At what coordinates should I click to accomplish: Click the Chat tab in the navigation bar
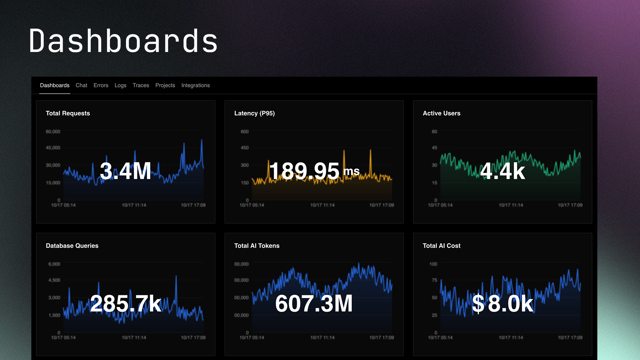point(81,85)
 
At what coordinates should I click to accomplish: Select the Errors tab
point(101,85)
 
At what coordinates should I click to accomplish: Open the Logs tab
point(120,85)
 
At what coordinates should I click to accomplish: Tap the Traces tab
point(141,85)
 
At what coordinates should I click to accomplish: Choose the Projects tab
point(165,85)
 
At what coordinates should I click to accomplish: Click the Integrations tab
point(195,85)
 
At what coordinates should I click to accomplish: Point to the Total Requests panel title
point(68,113)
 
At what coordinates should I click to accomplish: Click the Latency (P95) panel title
point(254,113)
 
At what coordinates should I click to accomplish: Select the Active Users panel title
point(441,113)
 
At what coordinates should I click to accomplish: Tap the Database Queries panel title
point(72,246)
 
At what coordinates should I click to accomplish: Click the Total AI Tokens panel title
point(257,246)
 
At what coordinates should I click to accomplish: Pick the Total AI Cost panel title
point(441,246)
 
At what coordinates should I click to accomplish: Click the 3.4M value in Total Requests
point(125,171)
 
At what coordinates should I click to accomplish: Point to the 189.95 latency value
point(304,171)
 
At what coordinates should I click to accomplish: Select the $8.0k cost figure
point(502,303)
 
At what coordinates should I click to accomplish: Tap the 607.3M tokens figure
point(314,303)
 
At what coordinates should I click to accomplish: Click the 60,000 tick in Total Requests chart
point(53,132)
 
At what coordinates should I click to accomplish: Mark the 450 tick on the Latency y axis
point(245,148)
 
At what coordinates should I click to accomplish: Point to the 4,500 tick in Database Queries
point(54,280)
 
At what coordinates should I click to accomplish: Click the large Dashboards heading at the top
point(123,41)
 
